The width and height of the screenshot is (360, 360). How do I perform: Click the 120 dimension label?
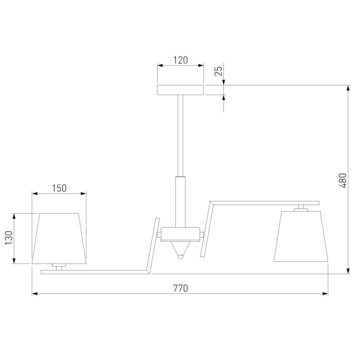pyautogui.click(x=181, y=60)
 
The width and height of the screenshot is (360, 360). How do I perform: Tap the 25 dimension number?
pyautogui.click(x=218, y=71)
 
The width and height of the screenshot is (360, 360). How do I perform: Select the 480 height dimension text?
pyautogui.click(x=343, y=180)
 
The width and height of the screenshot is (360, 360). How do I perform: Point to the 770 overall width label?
pyautogui.click(x=180, y=288)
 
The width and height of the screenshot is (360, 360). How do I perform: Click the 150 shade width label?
pyautogui.click(x=59, y=188)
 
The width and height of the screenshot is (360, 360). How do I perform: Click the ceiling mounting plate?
pyautogui.click(x=181, y=90)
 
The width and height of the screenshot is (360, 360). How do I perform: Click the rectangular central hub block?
pyautogui.click(x=180, y=234)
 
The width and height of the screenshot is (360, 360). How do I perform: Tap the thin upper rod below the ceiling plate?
pyautogui.click(x=180, y=135)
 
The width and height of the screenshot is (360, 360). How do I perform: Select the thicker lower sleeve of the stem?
pyautogui.click(x=180, y=202)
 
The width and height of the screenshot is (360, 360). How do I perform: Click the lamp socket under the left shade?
pyautogui.click(x=59, y=267)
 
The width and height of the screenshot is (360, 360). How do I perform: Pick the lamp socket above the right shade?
pyautogui.click(x=301, y=208)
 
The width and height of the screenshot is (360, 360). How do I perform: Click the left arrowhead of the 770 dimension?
pyautogui.click(x=35, y=294)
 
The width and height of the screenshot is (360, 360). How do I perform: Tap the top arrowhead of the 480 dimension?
pyautogui.click(x=348, y=88)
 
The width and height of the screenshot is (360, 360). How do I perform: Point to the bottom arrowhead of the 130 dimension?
pyautogui.click(x=14, y=261)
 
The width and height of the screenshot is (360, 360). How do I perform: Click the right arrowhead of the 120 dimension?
pyautogui.click(x=201, y=66)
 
